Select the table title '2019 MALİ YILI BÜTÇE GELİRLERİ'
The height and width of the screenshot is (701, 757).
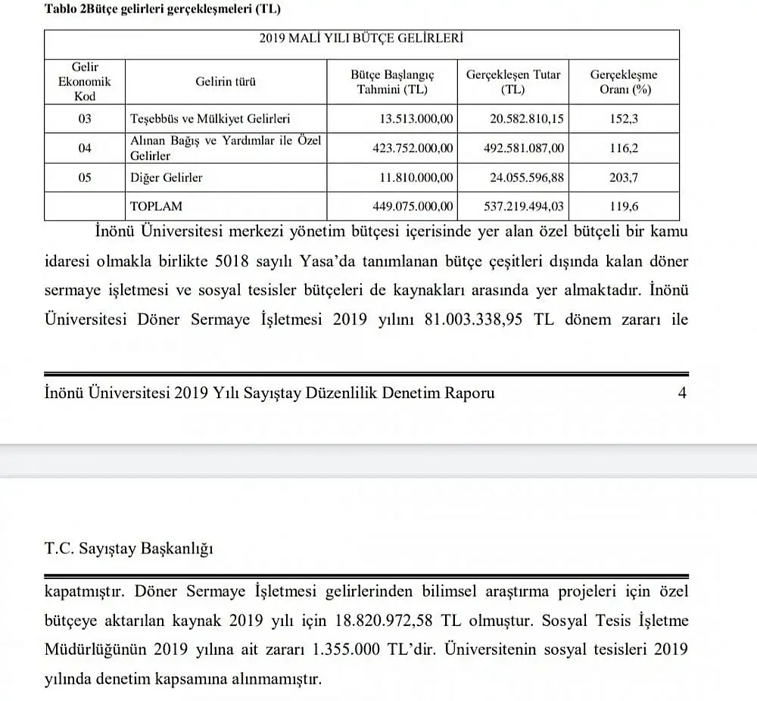pyautogui.click(x=361, y=38)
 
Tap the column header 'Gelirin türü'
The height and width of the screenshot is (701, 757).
pyautogui.click(x=225, y=82)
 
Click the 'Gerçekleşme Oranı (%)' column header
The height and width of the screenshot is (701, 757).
pyautogui.click(x=623, y=82)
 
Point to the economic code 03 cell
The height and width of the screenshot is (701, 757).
pyautogui.click(x=84, y=119)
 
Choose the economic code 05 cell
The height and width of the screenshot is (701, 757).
pyautogui.click(x=84, y=178)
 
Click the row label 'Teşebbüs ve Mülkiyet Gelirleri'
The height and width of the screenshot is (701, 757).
pyautogui.click(x=210, y=119)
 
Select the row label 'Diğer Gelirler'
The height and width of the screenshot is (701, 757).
pyautogui.click(x=166, y=178)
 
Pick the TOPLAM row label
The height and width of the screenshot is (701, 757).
pyautogui.click(x=156, y=206)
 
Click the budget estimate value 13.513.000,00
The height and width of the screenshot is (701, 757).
pyautogui.click(x=416, y=119)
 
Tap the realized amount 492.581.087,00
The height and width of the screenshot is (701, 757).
pyautogui.click(x=524, y=148)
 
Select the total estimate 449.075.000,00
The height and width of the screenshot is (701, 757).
pyautogui.click(x=413, y=206)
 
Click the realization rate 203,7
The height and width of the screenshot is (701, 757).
pyautogui.click(x=623, y=178)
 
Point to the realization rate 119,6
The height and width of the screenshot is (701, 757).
pyautogui.click(x=623, y=206)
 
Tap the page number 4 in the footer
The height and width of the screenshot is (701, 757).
pyautogui.click(x=682, y=393)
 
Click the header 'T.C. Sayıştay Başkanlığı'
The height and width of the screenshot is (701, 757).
pyautogui.click(x=128, y=549)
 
